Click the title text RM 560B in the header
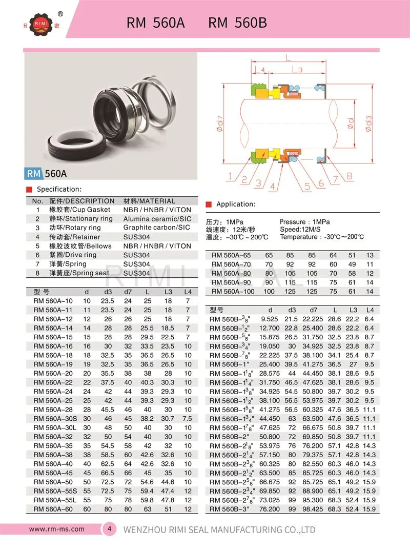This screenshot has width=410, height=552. [x=238, y=23]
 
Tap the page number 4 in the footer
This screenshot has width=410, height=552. [x=109, y=529]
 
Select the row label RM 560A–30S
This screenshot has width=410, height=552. [x=53, y=419]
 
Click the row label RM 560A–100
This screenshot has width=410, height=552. [x=233, y=292]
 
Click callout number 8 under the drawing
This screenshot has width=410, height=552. [x=349, y=176]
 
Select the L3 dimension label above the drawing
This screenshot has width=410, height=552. [x=296, y=68]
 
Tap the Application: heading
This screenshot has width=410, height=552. [x=236, y=204]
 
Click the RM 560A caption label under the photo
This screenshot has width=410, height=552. [x=46, y=174]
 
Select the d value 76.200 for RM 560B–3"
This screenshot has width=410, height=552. [x=270, y=509]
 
